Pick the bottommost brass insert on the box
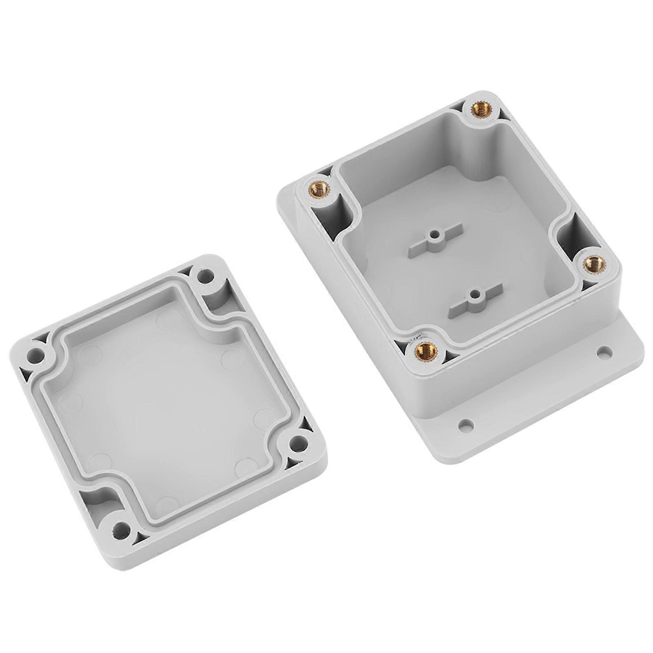click(426, 349)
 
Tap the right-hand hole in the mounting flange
click(604, 351)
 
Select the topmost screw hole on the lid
click(205, 276)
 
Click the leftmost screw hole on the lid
click(35, 355)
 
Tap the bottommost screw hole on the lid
click(121, 531)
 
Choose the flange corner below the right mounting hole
click(630, 359)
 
